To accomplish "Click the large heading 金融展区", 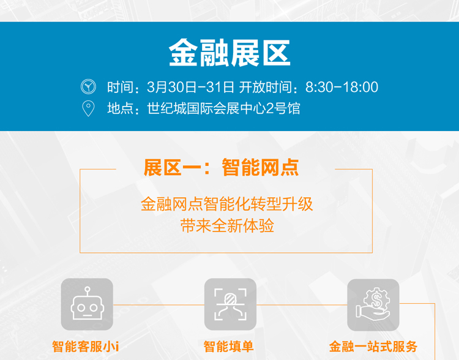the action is (x=229, y=53).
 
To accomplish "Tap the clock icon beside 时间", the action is (x=88, y=87).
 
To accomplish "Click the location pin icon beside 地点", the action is (x=88, y=108).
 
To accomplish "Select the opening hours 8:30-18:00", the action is (x=341, y=87).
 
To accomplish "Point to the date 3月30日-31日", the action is (x=190, y=87).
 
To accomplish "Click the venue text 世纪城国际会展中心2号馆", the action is (x=223, y=108).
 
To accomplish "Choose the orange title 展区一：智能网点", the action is (x=221, y=168).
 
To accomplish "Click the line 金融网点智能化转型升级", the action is (x=227, y=204).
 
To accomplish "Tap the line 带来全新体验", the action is (x=227, y=225).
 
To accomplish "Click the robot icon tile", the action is (x=87, y=304).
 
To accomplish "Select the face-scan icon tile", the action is (x=230, y=304).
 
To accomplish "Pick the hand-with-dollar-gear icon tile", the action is (x=373, y=305).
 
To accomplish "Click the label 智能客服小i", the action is (x=86, y=347).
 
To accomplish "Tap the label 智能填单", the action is (x=228, y=347).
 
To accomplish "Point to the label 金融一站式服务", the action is (x=373, y=347).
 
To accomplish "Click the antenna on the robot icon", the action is (x=88, y=291).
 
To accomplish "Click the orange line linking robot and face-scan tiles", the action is (x=159, y=305).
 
